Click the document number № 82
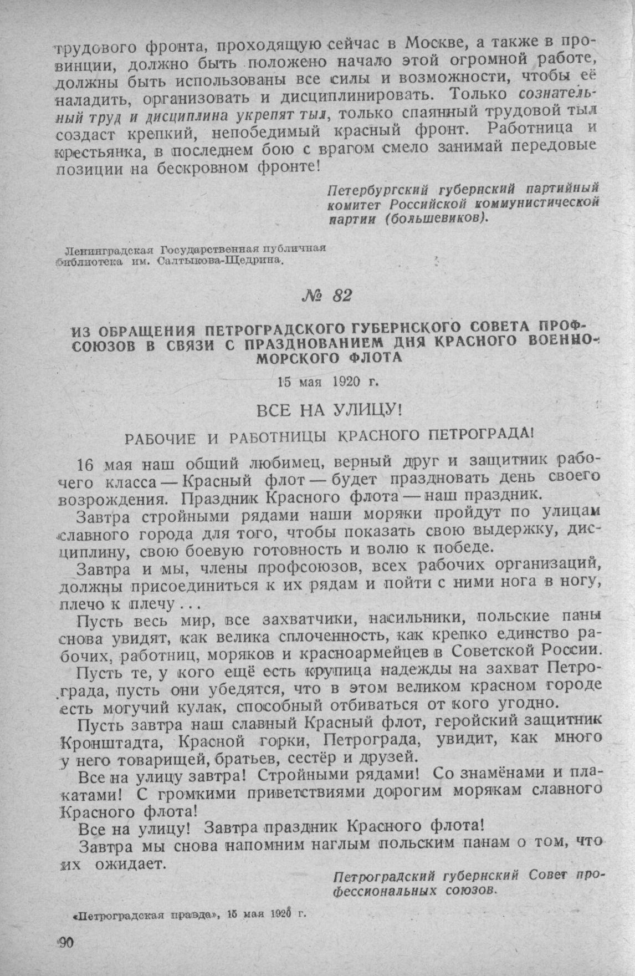click(x=324, y=296)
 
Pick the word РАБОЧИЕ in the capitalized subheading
click(x=158, y=439)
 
